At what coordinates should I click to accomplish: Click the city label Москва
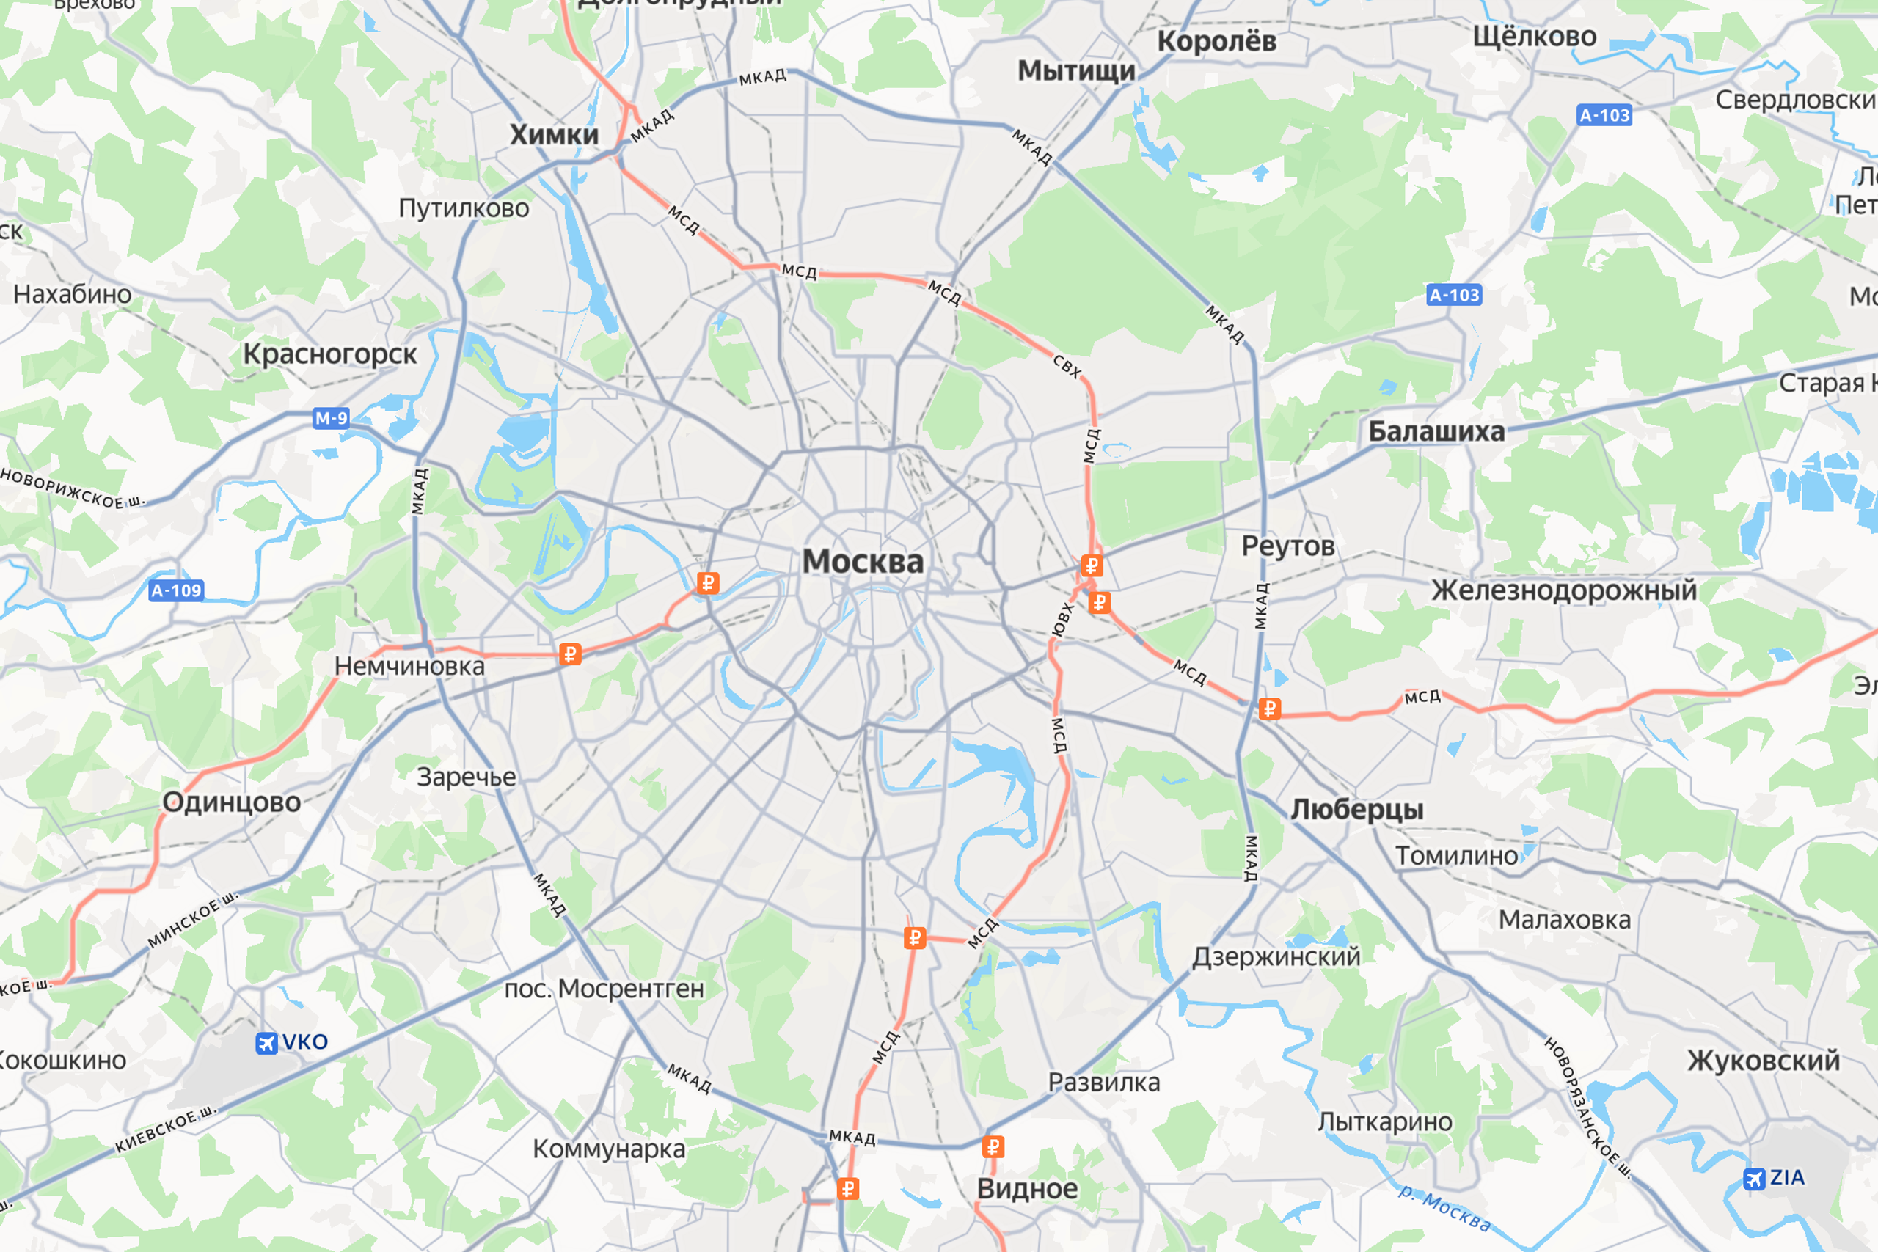[x=863, y=561]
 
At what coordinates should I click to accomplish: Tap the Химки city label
[x=554, y=134]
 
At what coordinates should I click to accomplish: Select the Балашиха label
[x=1436, y=431]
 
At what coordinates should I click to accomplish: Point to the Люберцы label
[x=1356, y=809]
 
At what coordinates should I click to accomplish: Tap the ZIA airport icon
[x=1754, y=1179]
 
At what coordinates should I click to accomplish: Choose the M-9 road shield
[x=331, y=418]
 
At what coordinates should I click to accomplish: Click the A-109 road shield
[x=177, y=591]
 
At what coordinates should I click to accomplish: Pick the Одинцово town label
[x=232, y=802]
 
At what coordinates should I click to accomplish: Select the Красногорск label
[x=330, y=354]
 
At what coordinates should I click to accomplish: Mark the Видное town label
[x=1027, y=1188]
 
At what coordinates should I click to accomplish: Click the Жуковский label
[x=1763, y=1061]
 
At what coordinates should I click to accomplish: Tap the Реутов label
[x=1287, y=546]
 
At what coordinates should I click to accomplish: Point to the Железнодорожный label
[x=1563, y=590]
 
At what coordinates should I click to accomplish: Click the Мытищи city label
[x=1076, y=71]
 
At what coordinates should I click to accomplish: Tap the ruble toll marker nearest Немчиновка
[x=570, y=655]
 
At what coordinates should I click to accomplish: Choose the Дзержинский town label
[x=1276, y=956]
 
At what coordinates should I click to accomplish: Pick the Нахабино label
[x=73, y=294]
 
